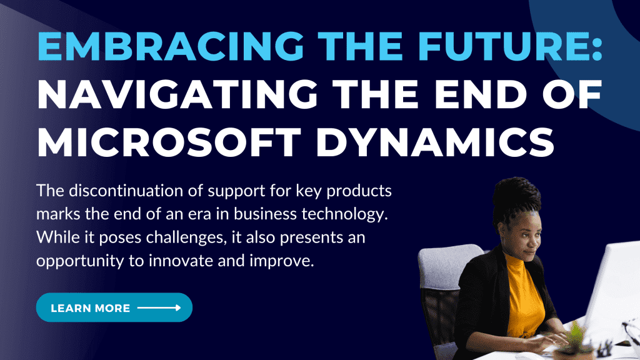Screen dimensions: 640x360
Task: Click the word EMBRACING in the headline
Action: point(171,46)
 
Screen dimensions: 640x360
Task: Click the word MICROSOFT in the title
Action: point(169,142)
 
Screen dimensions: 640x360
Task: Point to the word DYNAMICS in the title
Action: point(435,142)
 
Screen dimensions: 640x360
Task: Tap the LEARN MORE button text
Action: point(90,308)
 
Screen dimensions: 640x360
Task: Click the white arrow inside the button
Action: point(159,307)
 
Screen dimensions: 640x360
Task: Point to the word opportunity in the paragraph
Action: point(80,261)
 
